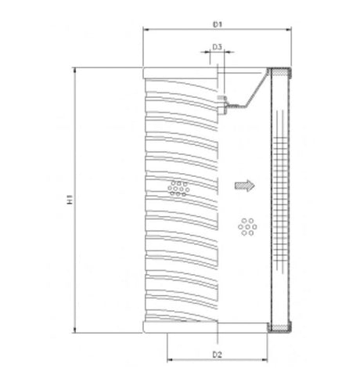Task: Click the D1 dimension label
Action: [217, 24]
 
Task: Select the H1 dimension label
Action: [69, 201]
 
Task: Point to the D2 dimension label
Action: [218, 355]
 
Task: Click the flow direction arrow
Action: [244, 186]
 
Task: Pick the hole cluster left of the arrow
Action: [179, 186]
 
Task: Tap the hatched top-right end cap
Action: [281, 72]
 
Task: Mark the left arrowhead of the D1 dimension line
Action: [146, 31]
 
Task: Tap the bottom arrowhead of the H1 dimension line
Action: [75, 331]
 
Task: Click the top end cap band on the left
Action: [180, 73]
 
